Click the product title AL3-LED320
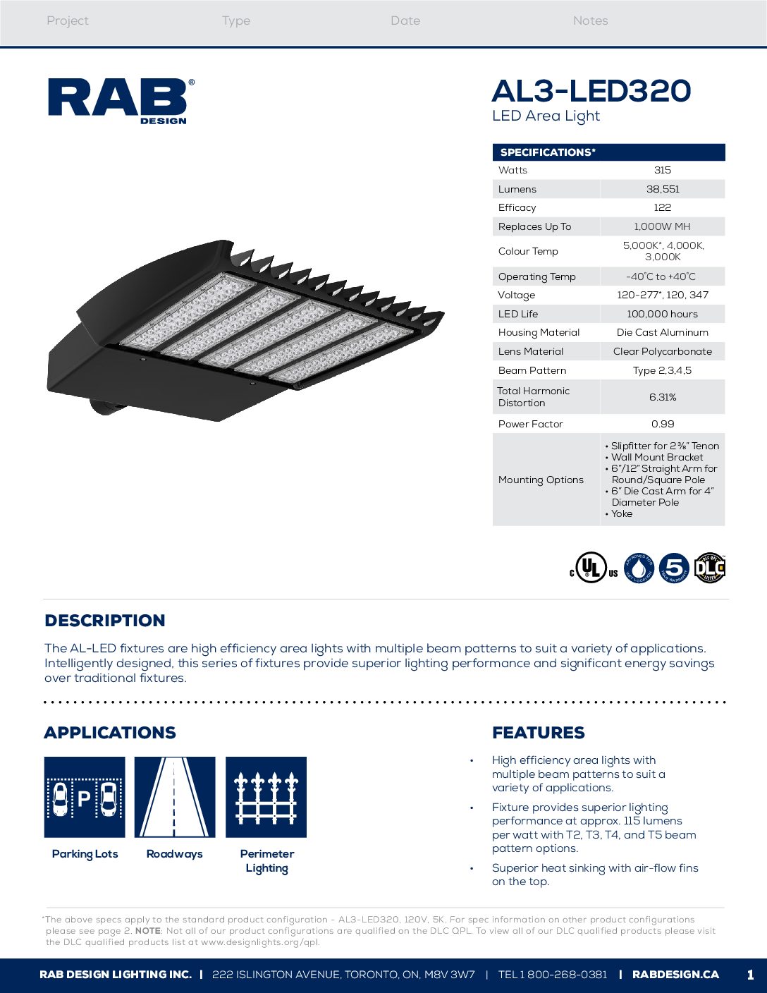[x=591, y=91]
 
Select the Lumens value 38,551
[x=662, y=189]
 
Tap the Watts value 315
[x=662, y=170]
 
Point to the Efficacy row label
[x=517, y=207]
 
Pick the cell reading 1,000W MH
[x=662, y=226]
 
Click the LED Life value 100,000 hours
[x=662, y=314]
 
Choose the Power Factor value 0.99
[x=662, y=424]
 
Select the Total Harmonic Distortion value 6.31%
[x=662, y=397]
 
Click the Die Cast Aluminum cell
[x=662, y=332]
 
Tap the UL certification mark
[x=593, y=568]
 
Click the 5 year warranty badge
[x=674, y=568]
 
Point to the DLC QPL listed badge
[x=709, y=568]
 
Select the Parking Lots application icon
[x=85, y=797]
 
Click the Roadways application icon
[x=175, y=797]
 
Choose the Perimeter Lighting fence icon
[x=266, y=797]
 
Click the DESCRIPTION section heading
[x=105, y=621]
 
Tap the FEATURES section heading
[x=539, y=733]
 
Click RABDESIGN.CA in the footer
[x=675, y=975]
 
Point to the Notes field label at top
[x=590, y=21]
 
